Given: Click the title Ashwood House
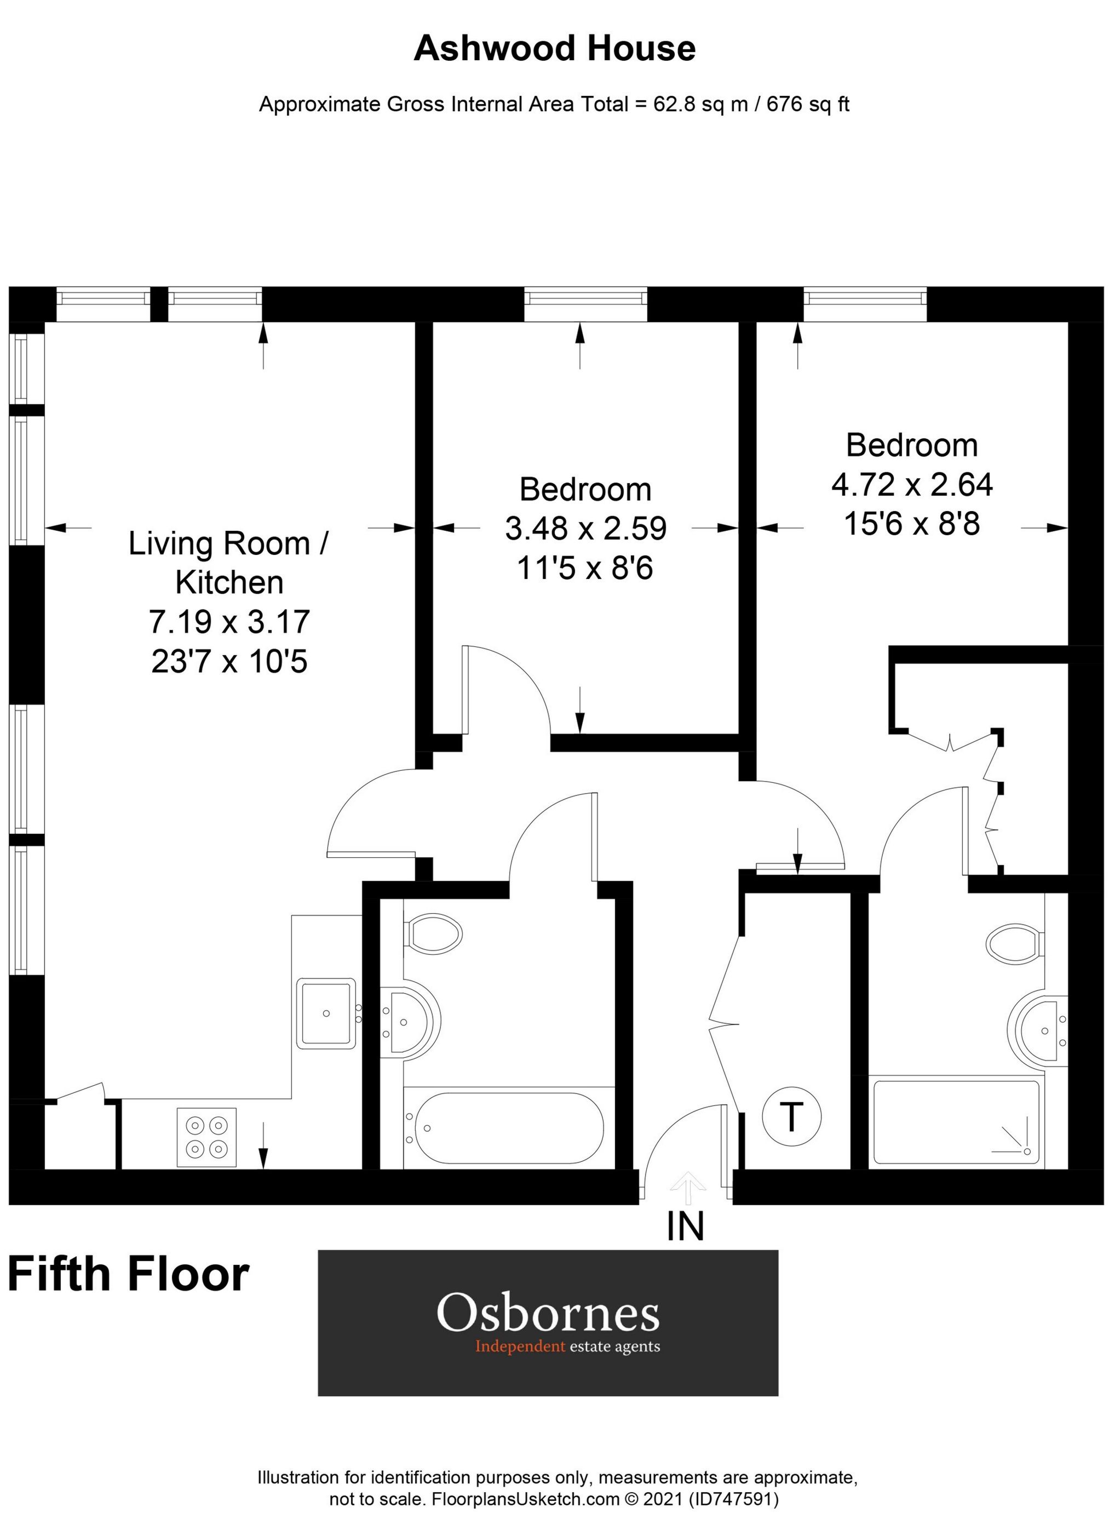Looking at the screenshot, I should point(554,49).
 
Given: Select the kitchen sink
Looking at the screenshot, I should point(326,1013).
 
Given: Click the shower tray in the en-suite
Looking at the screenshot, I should point(955,1121).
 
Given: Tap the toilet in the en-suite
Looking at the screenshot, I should point(1014,942).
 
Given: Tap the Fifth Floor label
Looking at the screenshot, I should point(129,1274).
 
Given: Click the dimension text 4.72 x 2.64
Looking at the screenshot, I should point(911,484).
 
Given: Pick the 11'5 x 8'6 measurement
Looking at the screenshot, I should point(584,568).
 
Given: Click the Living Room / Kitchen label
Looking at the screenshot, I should point(229,562).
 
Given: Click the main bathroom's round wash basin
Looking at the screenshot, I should point(413,1020).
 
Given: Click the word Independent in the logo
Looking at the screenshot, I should point(519,1346).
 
